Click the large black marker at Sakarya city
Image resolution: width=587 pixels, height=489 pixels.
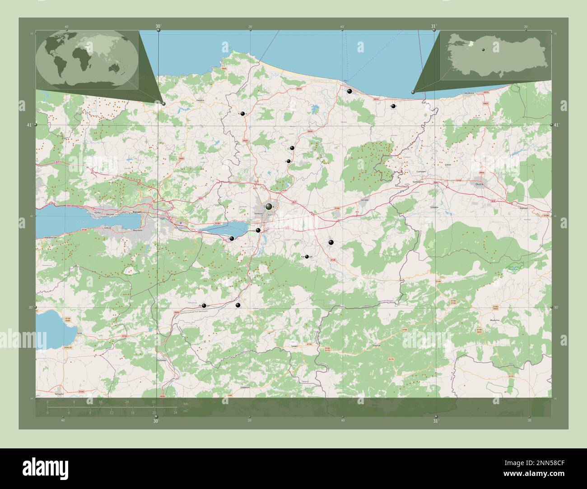click(269, 207)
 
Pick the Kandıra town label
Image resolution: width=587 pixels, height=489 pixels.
click(201, 100)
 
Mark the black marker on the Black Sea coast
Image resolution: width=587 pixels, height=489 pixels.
click(349, 91)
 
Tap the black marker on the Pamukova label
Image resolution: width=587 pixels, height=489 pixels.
click(204, 306)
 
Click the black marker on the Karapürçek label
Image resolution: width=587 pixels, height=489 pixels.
click(307, 257)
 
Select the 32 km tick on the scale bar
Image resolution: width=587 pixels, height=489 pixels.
click(154, 401)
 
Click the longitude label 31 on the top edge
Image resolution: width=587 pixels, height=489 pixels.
click(434, 26)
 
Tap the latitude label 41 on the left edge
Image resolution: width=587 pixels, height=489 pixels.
click(29, 125)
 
